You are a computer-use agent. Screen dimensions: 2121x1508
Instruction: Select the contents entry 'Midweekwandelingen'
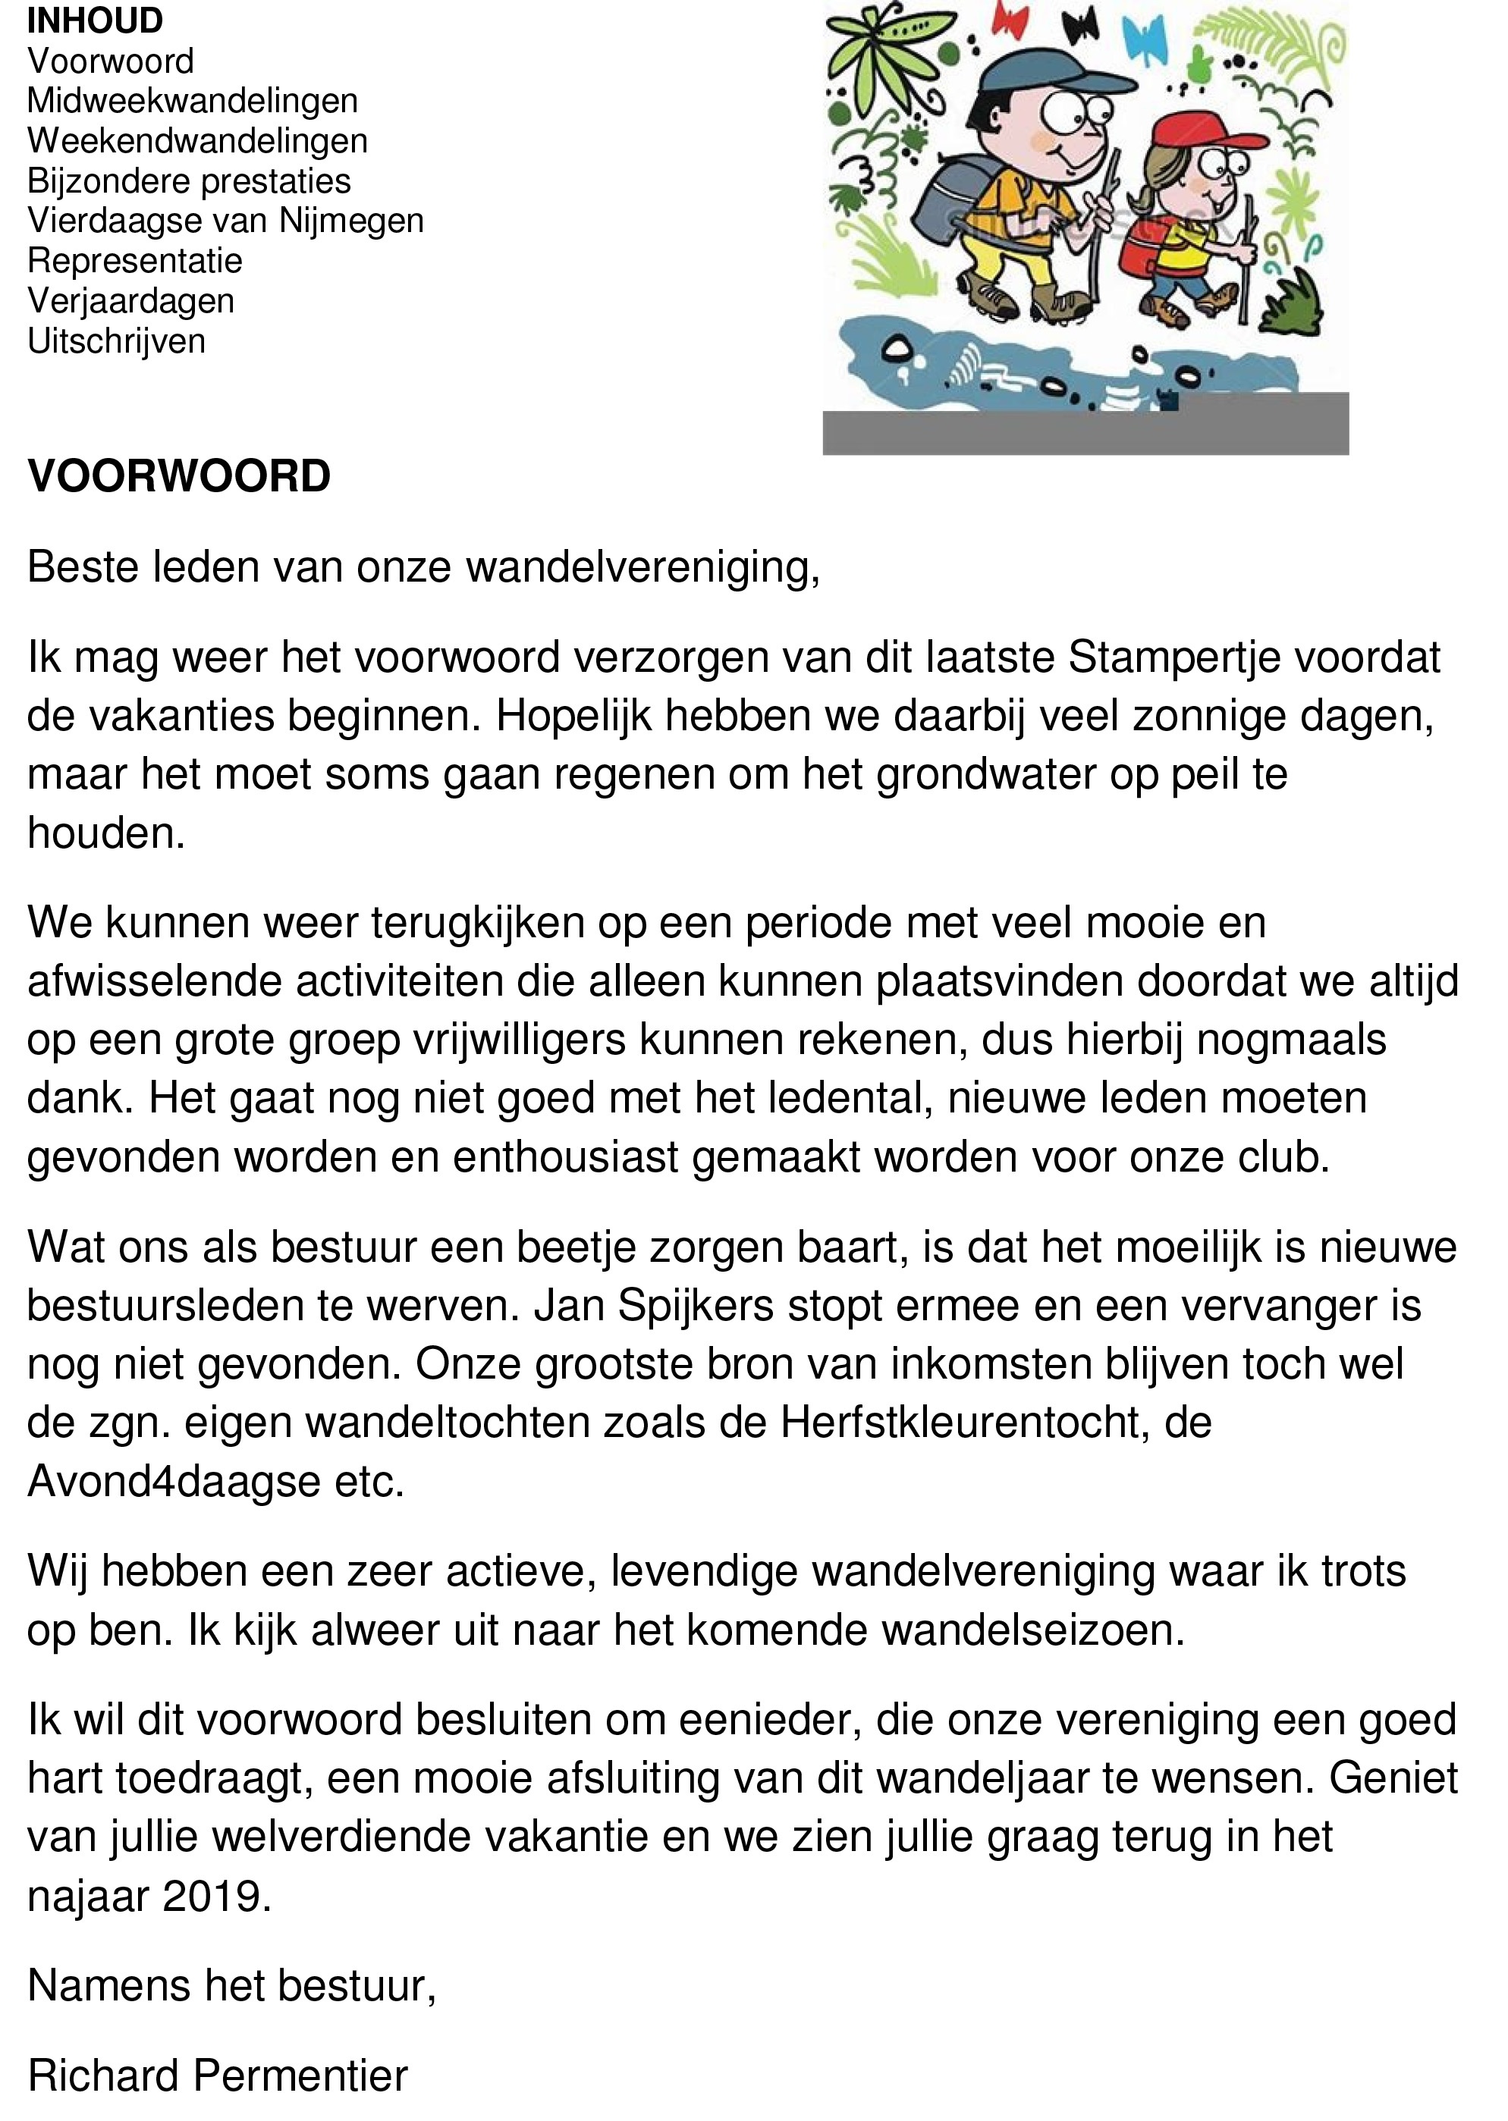click(192, 100)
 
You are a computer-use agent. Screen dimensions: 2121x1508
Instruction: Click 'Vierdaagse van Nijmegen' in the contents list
click(225, 221)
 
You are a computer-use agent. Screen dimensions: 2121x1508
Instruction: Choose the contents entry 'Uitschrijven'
click(116, 341)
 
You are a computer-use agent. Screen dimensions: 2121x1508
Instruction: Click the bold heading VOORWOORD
click(179, 476)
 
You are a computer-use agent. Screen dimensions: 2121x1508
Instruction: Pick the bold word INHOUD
click(95, 20)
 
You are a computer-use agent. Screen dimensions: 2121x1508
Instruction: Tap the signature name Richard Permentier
click(217, 2076)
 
